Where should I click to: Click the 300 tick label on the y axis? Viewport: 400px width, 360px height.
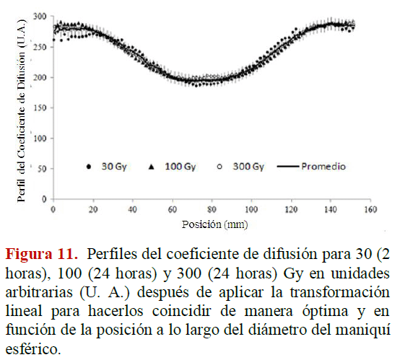point(40,17)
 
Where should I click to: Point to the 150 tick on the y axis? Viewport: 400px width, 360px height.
point(40,107)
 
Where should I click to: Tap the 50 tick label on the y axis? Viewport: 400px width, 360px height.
point(42,169)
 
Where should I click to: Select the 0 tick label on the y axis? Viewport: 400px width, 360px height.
point(44,199)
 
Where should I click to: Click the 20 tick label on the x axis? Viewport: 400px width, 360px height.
point(93,209)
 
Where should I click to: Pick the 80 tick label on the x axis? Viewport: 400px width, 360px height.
point(212,209)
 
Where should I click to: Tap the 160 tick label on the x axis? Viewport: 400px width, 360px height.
point(370,209)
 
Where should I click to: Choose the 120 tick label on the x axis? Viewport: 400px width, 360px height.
point(291,209)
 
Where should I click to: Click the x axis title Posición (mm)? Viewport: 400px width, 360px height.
point(214,224)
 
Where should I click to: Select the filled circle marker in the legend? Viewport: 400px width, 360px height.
point(89,167)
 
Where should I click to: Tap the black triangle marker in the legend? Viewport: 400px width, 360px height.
point(152,167)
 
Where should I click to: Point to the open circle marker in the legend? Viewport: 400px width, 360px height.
point(219,167)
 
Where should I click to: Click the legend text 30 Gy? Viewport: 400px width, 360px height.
point(114,167)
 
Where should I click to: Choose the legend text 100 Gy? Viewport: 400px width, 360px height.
point(180,167)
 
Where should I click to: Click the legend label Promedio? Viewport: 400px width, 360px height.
point(323,167)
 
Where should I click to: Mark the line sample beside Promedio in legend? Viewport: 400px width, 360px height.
point(288,167)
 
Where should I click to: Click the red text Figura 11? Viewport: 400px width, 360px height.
point(42,254)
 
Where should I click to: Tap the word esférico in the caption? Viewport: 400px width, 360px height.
point(33,348)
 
